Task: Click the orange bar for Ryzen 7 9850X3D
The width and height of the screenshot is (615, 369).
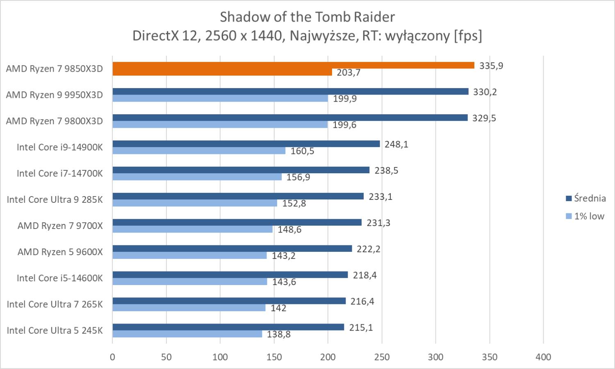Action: [293, 66]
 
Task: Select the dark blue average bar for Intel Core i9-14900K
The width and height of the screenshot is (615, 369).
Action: [246, 144]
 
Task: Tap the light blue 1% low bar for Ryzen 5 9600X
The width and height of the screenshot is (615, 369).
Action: [189, 256]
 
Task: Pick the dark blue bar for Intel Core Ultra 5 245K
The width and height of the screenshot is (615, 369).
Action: [228, 327]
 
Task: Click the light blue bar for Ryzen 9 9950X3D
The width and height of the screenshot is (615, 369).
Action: [220, 98]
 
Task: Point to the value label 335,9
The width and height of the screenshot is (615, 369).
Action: [491, 66]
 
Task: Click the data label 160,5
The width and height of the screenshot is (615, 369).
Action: [302, 151]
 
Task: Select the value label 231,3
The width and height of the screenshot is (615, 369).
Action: [378, 223]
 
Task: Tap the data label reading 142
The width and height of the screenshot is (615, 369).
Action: [278, 308]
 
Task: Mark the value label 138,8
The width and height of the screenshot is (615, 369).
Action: [279, 334]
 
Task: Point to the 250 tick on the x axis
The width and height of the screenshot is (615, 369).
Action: [382, 357]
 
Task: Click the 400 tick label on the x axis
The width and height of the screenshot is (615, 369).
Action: [543, 357]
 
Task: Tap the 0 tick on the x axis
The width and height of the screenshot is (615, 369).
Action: [112, 357]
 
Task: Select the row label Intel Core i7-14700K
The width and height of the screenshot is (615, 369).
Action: [60, 174]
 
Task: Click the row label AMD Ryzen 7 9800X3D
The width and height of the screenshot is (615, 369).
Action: [55, 121]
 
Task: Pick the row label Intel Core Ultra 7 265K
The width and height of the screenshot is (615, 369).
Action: [55, 304]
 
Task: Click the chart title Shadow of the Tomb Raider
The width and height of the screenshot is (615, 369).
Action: [307, 17]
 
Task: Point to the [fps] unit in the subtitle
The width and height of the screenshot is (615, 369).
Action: [468, 36]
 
